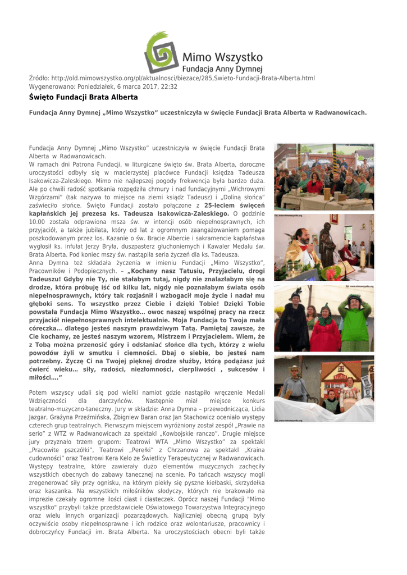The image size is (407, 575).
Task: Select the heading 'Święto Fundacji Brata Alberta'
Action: coord(83,97)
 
